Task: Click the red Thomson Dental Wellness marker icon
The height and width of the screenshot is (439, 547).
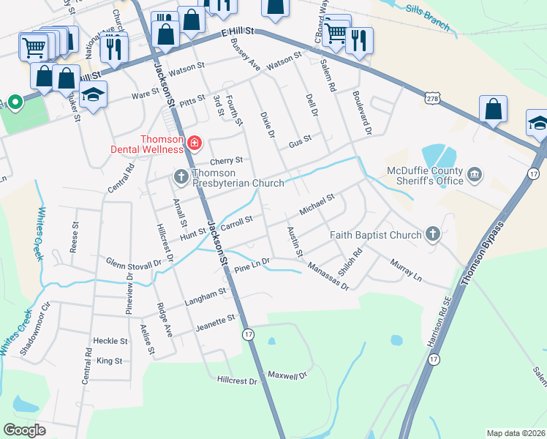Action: click(x=194, y=142)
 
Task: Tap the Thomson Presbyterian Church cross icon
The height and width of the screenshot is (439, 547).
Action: click(x=181, y=176)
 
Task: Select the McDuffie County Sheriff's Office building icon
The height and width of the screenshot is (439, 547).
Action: click(x=475, y=174)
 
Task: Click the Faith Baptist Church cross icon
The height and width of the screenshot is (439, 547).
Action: click(x=433, y=234)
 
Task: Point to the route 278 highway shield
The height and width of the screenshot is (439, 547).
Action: click(x=431, y=97)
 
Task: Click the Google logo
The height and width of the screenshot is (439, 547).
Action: click(x=25, y=429)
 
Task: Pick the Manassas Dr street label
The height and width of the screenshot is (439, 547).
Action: click(x=328, y=277)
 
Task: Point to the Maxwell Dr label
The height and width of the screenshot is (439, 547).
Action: click(x=285, y=376)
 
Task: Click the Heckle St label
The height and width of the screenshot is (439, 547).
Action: click(x=110, y=341)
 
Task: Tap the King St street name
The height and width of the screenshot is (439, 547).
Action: click(x=109, y=361)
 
